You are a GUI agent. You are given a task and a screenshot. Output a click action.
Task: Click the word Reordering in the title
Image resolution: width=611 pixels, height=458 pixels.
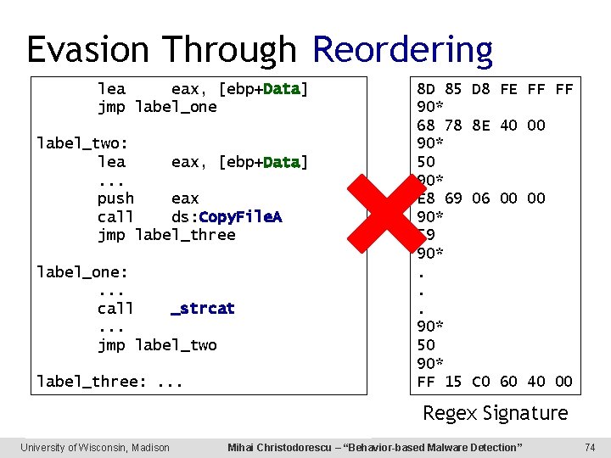pyautogui.click(x=402, y=50)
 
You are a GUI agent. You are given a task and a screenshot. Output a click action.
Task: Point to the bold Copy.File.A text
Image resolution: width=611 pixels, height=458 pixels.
pyautogui.click(x=240, y=217)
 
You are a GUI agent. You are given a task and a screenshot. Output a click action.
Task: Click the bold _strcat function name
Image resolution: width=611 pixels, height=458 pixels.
pyautogui.click(x=203, y=308)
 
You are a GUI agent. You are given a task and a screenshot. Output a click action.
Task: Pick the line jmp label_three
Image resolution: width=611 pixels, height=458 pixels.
pyautogui.click(x=166, y=235)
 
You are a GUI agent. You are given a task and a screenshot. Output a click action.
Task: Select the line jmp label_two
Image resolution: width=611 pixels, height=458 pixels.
pyautogui.click(x=157, y=345)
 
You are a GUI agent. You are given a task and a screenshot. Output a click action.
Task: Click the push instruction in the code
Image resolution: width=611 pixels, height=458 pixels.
pyautogui.click(x=116, y=198)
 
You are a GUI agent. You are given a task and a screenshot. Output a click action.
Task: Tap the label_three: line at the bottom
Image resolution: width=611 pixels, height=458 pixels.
pyautogui.click(x=109, y=382)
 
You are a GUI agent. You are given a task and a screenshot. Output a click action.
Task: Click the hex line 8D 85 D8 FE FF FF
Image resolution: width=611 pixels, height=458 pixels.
pyautogui.click(x=495, y=89)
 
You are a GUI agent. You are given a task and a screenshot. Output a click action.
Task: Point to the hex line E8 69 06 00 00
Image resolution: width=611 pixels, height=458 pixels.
pyautogui.click(x=480, y=198)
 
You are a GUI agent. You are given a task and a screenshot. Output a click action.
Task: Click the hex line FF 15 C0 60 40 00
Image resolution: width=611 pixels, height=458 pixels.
pyautogui.click(x=495, y=382)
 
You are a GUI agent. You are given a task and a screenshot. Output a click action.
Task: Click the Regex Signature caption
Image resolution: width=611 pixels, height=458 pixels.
pyautogui.click(x=496, y=413)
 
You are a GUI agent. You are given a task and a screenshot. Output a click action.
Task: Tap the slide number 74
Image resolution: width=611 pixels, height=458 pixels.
pyautogui.click(x=591, y=447)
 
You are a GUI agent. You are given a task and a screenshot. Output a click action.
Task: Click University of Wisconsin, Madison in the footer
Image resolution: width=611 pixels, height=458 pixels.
pyautogui.click(x=95, y=447)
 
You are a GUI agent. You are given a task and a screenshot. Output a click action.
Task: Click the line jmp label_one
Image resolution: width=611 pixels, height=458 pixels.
pyautogui.click(x=157, y=107)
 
